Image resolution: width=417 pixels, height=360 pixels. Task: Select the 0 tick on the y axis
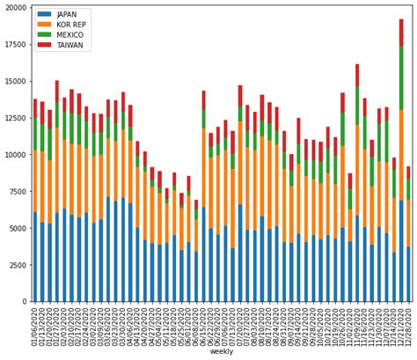pos(25,301)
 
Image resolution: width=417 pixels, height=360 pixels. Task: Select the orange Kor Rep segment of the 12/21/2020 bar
pos(401,155)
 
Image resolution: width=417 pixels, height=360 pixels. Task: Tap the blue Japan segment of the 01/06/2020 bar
pos(35,256)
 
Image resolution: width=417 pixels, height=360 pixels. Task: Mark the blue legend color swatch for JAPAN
pos(44,14)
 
